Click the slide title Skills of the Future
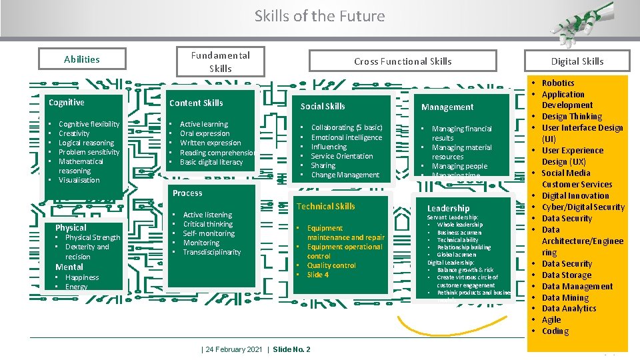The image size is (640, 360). click(x=319, y=16)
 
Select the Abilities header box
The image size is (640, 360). click(x=82, y=59)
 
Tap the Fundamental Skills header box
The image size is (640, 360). click(x=220, y=62)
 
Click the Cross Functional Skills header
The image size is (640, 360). click(x=403, y=61)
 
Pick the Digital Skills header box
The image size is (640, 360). click(x=577, y=61)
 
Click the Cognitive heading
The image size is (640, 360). click(x=67, y=102)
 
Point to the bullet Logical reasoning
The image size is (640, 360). click(x=86, y=143)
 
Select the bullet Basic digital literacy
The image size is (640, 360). click(x=211, y=162)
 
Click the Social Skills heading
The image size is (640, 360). click(x=323, y=106)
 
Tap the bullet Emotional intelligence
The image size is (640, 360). click(x=347, y=137)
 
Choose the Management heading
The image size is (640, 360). click(x=447, y=107)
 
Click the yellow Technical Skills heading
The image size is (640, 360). click(x=325, y=207)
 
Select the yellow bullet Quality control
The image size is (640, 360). click(x=331, y=265)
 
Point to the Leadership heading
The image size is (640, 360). click(x=448, y=209)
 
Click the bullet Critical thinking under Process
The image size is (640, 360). click(x=207, y=224)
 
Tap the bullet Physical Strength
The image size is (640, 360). click(x=93, y=237)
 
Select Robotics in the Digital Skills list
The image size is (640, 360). click(x=557, y=83)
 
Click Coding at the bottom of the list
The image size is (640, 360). click(x=555, y=331)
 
